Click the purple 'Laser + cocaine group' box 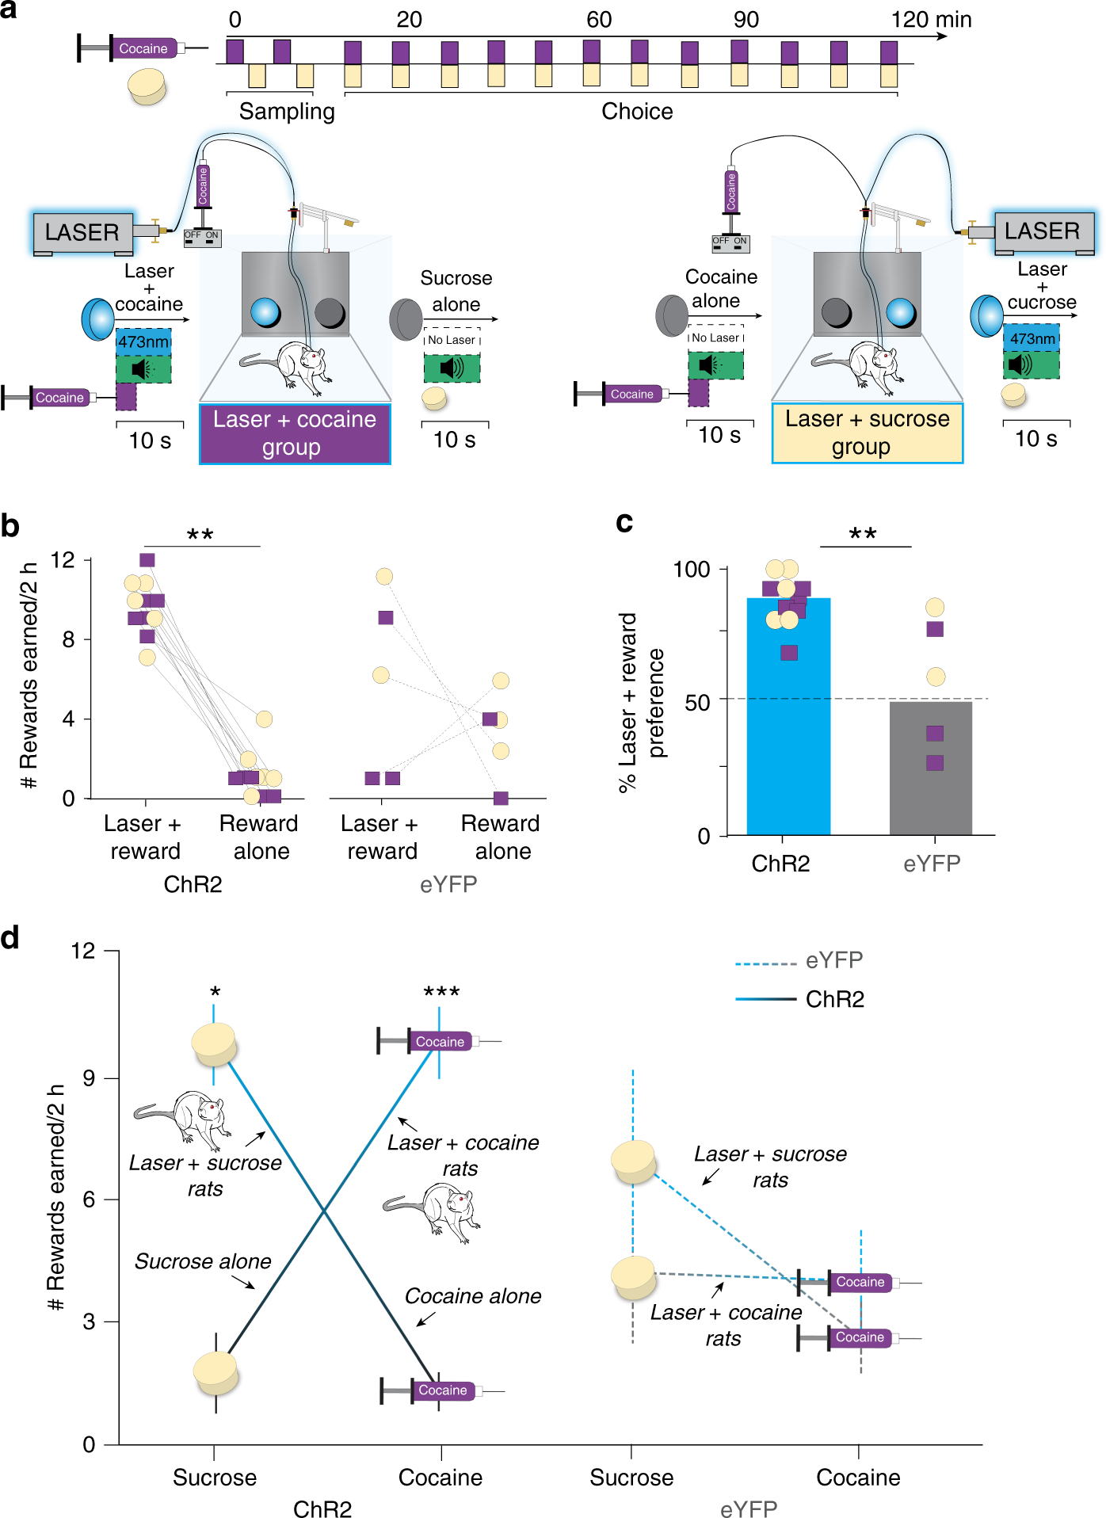click(x=295, y=433)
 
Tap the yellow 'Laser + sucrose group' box click(x=867, y=433)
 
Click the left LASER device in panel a click(x=82, y=232)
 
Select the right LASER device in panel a click(x=1043, y=231)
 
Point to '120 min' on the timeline click(x=931, y=20)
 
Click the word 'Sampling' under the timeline click(x=287, y=112)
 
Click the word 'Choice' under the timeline click(x=637, y=112)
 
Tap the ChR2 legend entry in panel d click(x=834, y=999)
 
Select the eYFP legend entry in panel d click(x=833, y=960)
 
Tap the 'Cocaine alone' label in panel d click(x=473, y=1296)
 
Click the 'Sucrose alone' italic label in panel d click(x=203, y=1261)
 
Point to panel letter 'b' click(x=10, y=525)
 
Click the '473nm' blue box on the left click(x=143, y=342)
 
